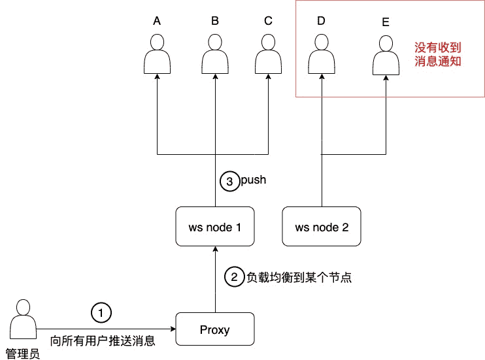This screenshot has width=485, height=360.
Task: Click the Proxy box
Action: pos(215,329)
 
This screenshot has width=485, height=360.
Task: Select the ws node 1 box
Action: pos(215,227)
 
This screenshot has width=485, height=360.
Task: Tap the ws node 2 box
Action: pos(322,227)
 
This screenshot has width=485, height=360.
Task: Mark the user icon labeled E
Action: pos(386,55)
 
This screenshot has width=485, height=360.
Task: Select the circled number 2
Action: pos(233,277)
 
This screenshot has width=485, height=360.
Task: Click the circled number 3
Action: pos(229,181)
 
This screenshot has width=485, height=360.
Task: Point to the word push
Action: pos(253,180)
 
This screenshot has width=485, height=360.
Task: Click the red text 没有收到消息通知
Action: pos(438,55)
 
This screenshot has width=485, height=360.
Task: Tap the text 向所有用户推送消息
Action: pos(103,340)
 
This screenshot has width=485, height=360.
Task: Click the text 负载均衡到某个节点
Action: pos(299,277)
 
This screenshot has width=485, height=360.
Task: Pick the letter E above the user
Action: pos(385,22)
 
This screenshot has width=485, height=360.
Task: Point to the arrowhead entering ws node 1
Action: pos(215,251)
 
